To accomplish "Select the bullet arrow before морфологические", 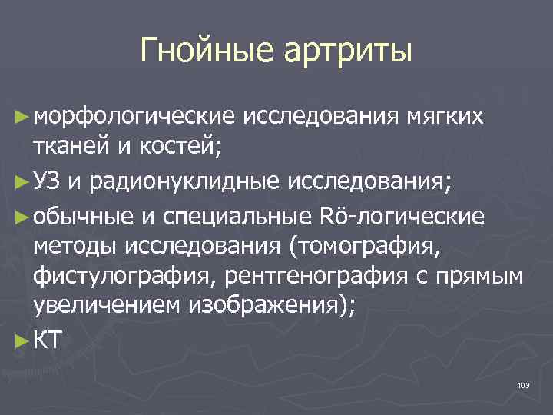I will click(x=23, y=116).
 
